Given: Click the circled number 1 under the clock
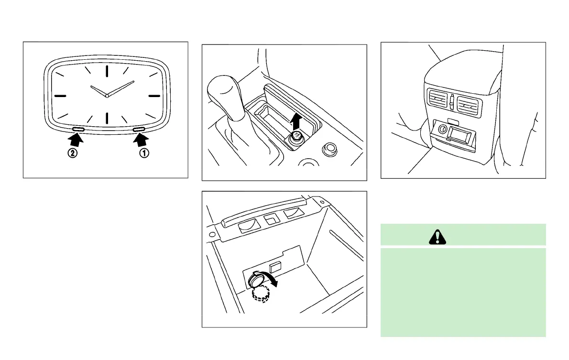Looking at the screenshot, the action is pos(144,154).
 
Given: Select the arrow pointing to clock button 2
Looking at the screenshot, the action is pos(76,140).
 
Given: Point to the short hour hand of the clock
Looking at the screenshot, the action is pos(98,91).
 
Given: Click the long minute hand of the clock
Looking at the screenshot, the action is pos(120,88).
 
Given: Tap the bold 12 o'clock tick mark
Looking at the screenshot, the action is pos(107,71).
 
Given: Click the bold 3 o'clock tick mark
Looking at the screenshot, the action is pos(154,96).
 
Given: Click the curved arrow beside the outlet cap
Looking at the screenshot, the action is pos(272,282).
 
